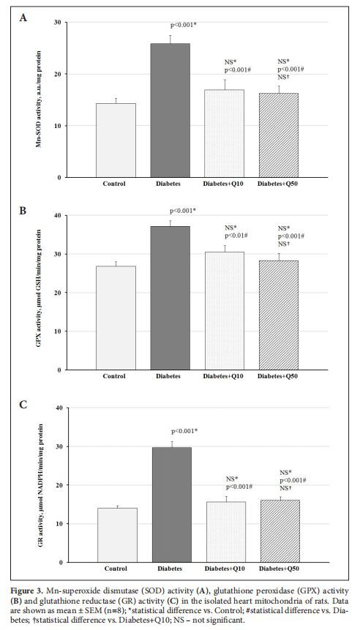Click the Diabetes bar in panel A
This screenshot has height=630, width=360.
point(170,110)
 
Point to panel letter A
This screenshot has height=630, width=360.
point(23,17)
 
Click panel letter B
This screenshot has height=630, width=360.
point(23,210)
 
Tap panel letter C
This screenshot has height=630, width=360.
point(23,402)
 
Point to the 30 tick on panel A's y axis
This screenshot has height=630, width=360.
point(59,23)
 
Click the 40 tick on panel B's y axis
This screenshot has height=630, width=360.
point(59,215)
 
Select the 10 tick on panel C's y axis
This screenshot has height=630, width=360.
point(59,524)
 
